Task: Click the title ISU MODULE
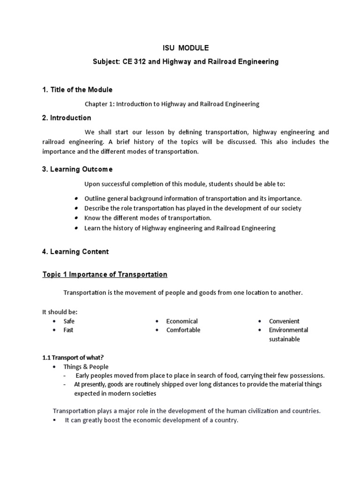coord(180,47)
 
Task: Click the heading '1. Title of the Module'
coord(77,90)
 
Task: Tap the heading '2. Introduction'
coord(67,118)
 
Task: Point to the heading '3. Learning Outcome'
coord(77,169)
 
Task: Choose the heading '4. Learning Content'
coord(75,252)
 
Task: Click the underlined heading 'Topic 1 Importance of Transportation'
coord(105,274)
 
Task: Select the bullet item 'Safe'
coord(69,321)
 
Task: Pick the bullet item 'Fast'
coord(68,330)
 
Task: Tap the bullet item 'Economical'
coord(182,321)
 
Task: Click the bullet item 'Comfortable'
coord(183,330)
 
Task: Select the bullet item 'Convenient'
coord(284,321)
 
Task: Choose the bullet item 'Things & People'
coord(86,367)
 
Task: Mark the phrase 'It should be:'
coord(60,312)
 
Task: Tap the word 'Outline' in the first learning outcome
coord(95,198)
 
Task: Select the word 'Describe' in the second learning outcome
coord(97,208)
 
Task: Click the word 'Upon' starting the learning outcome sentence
coord(92,183)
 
